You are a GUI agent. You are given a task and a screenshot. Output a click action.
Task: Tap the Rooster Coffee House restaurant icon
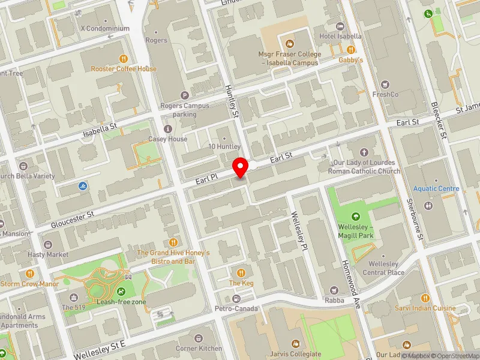[x=124, y=59]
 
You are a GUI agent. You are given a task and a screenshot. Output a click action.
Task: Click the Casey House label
[x=168, y=139]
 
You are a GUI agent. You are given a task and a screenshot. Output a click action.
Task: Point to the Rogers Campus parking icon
[x=184, y=95]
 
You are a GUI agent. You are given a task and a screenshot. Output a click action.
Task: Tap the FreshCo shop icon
[x=385, y=83]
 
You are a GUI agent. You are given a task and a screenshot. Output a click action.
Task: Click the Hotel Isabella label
[x=340, y=36]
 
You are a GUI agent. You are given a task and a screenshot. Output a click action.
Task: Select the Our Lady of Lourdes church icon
[x=364, y=152]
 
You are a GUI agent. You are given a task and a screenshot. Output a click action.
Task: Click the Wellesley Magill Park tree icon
[x=355, y=216]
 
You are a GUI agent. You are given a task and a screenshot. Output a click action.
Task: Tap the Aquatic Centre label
[x=436, y=188]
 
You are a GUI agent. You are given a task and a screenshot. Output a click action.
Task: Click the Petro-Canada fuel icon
[x=236, y=299]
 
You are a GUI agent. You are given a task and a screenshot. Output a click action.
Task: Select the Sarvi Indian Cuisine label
[x=429, y=308]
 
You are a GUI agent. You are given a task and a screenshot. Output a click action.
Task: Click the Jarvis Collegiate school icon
[x=295, y=344]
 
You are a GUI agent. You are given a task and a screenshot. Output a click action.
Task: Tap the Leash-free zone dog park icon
[x=122, y=292]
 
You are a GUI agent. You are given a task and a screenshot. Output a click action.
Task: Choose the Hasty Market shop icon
[x=48, y=245]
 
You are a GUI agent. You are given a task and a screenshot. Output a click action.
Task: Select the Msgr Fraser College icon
[x=290, y=43]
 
